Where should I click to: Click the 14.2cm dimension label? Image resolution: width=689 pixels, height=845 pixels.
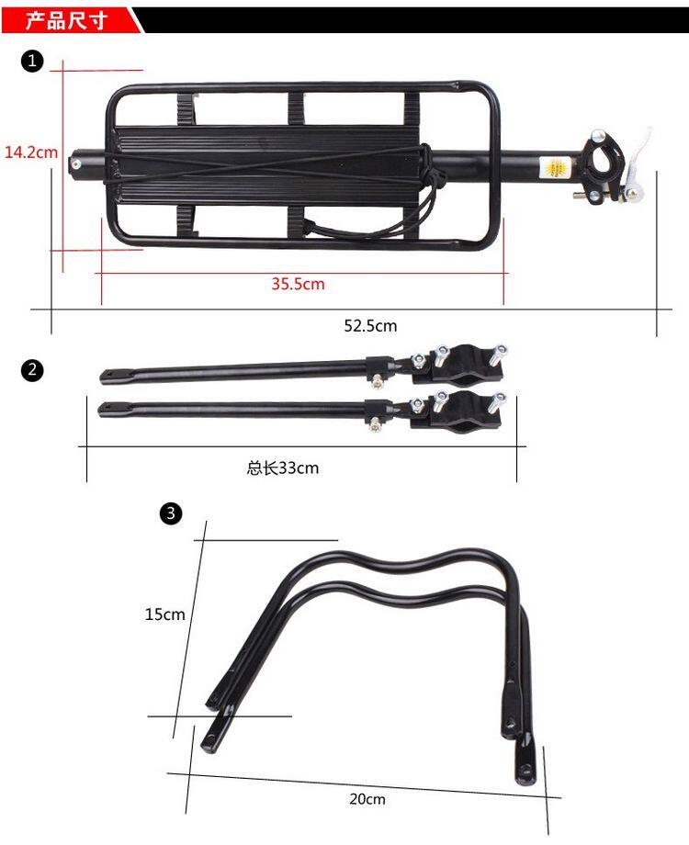(x=31, y=152)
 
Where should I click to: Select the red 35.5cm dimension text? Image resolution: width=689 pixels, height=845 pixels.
(x=298, y=284)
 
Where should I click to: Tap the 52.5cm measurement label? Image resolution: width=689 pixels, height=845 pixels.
(x=370, y=325)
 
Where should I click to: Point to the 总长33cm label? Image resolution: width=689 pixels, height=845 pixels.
(x=283, y=468)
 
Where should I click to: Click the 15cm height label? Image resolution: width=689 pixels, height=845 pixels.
(x=165, y=614)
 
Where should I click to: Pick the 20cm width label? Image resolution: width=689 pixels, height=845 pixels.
(x=367, y=799)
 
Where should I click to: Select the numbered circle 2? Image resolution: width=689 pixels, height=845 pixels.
(x=32, y=370)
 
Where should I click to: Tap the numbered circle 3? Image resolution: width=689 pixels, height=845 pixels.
(x=170, y=513)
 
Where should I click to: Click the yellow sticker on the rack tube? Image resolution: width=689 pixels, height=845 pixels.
(x=555, y=169)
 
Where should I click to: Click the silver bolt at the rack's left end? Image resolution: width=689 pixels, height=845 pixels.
(x=76, y=164)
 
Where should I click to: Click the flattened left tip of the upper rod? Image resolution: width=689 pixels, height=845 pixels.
(x=110, y=377)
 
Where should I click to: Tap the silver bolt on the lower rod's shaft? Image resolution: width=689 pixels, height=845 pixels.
(x=376, y=423)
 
